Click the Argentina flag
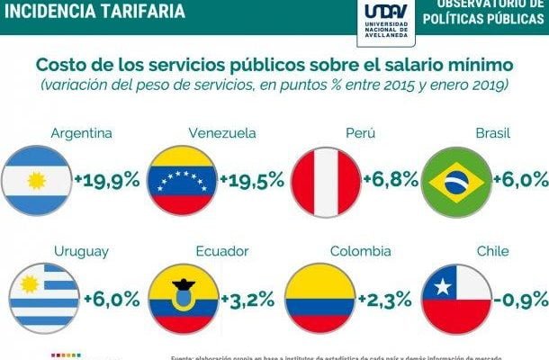37,178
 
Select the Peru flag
325,178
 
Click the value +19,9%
106,179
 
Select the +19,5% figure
250,179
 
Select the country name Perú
360,133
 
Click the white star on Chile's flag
442,288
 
